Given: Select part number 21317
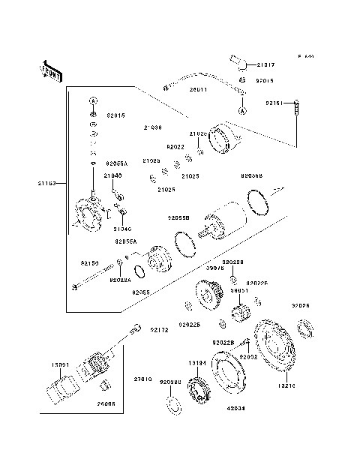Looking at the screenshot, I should (x=268, y=64).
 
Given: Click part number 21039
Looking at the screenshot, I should (x=154, y=127).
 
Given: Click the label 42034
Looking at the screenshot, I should (x=217, y=409).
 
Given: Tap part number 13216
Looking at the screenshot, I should (x=289, y=387).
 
